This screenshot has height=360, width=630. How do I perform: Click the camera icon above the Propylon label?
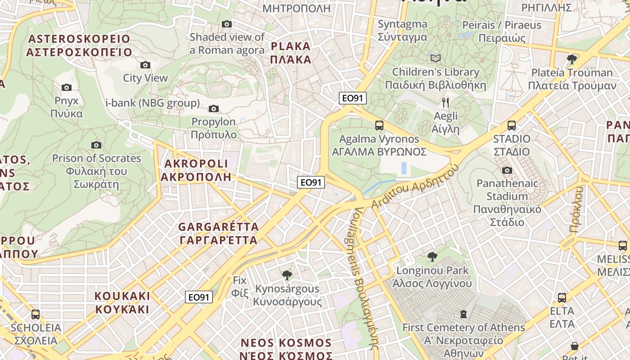click(x=214, y=108)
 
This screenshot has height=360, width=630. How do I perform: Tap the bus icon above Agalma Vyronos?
click(x=379, y=126)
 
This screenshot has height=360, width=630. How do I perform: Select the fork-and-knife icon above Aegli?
click(x=445, y=103)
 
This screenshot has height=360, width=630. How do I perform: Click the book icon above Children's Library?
click(x=435, y=58)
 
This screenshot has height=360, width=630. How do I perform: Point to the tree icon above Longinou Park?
click(x=432, y=257)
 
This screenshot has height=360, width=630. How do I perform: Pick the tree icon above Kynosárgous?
click(x=287, y=275)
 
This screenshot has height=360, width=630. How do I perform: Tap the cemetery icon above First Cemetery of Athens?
click(x=463, y=314)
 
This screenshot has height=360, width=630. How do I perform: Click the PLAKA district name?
click(x=291, y=53)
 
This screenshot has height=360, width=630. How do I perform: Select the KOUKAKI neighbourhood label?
click(x=122, y=302)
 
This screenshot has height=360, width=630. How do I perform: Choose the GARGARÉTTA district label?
click(x=219, y=233)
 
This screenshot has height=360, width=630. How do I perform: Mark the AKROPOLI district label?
click(x=196, y=170)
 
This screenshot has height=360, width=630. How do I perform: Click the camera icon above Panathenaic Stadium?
click(x=507, y=170)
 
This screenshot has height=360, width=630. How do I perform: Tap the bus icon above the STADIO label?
click(x=512, y=126)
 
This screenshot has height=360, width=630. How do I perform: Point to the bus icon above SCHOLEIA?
click(x=36, y=314)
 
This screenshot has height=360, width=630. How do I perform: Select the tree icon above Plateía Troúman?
click(x=572, y=59)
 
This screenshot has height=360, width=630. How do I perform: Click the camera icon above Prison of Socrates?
click(x=96, y=145)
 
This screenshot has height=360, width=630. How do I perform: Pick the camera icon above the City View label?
click(x=145, y=65)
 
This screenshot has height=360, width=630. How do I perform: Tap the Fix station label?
click(x=240, y=287)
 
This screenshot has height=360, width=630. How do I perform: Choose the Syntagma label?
click(x=402, y=30)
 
